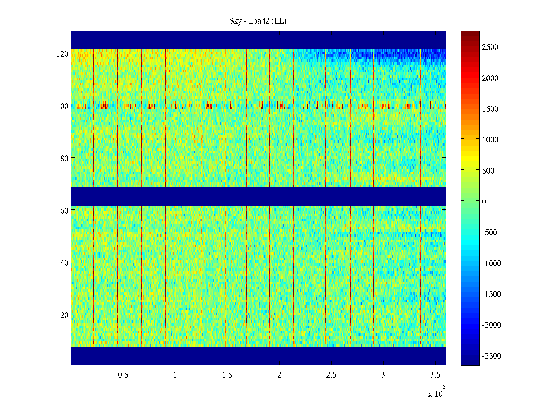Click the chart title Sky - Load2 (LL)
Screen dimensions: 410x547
click(258, 21)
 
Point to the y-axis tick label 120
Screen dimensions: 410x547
click(62, 54)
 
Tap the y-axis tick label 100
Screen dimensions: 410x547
click(62, 106)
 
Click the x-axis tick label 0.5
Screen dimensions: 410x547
click(123, 375)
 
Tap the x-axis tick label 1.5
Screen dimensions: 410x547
click(227, 375)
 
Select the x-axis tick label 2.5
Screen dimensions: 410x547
click(331, 375)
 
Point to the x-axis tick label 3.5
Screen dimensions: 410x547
click(435, 375)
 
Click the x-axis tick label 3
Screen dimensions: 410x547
click(383, 375)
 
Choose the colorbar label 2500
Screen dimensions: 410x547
click(490, 47)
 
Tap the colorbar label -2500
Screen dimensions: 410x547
click(492, 356)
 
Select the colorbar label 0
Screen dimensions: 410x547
click(484, 202)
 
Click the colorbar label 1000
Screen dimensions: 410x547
click(490, 140)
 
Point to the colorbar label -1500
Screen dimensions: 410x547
click(492, 294)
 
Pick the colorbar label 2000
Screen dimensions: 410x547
click(490, 78)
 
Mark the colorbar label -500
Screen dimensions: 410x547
click(490, 232)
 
